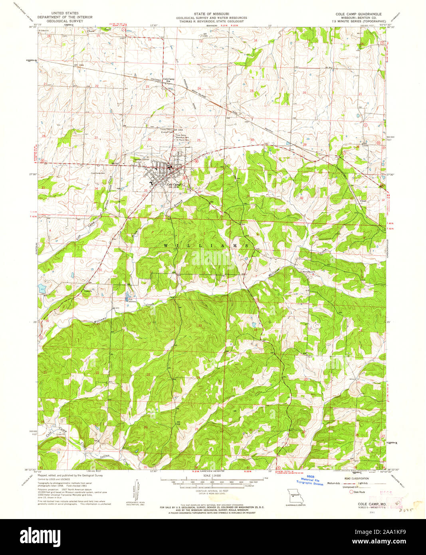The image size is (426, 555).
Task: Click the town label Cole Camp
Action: (x=174, y=184)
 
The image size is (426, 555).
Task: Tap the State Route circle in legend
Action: (x=352, y=492)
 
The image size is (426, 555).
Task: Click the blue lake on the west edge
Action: (x=42, y=288)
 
